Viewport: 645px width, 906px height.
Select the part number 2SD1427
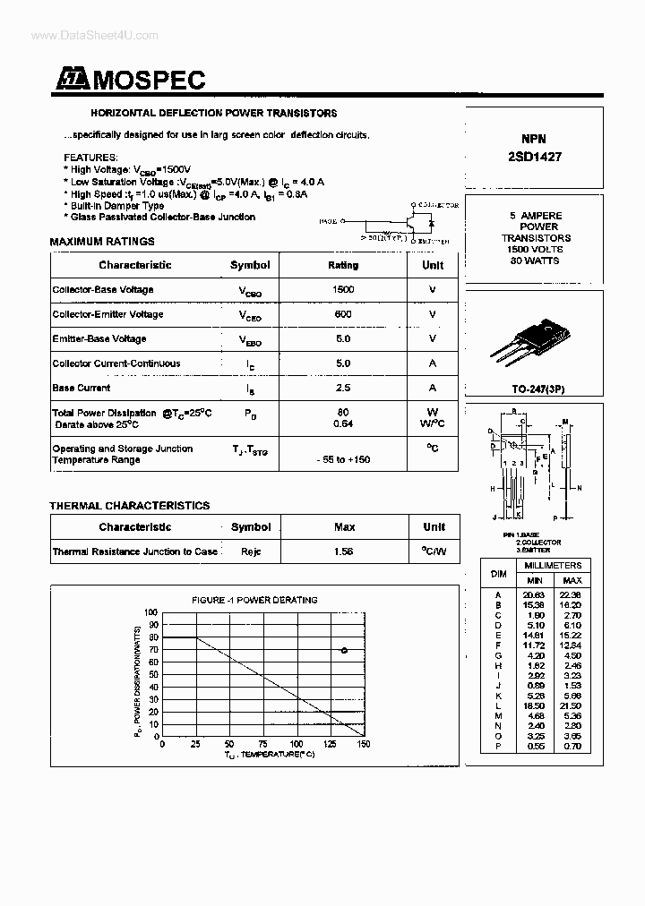click(x=535, y=156)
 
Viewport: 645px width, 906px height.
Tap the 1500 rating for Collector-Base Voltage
click(x=342, y=290)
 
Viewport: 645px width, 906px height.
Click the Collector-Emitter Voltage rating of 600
click(x=342, y=314)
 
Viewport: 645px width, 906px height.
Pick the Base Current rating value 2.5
click(x=342, y=389)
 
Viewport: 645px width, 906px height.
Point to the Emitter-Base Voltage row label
click(x=99, y=339)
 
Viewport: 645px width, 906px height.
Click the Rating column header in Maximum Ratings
click(x=342, y=266)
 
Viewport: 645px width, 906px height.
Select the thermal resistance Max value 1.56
click(x=343, y=552)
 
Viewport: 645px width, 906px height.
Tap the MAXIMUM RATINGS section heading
click(x=101, y=242)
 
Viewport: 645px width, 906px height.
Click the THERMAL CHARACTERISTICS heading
click(x=129, y=506)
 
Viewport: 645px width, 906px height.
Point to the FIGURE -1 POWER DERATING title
click(x=254, y=600)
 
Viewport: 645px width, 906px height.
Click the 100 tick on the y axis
click(x=151, y=613)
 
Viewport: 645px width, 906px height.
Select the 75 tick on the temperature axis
click(x=263, y=744)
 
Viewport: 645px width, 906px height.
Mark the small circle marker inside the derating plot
click(x=344, y=651)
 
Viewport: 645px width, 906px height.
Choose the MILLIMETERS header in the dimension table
click(x=554, y=566)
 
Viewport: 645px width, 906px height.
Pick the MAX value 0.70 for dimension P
click(x=571, y=746)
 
